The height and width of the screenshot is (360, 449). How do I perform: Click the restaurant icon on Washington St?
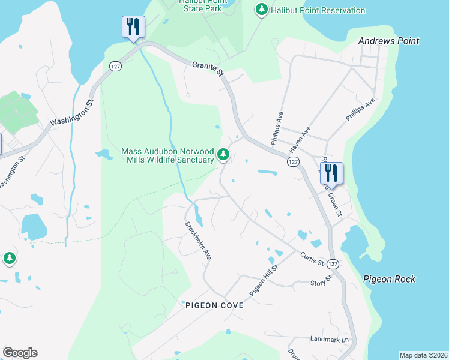[x=133, y=27]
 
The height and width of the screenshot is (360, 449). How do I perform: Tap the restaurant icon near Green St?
[x=331, y=173]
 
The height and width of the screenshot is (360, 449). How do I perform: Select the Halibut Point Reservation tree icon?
[x=261, y=10]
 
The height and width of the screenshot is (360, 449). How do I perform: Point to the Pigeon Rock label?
[x=389, y=279]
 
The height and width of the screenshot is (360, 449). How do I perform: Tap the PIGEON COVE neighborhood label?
[x=214, y=305]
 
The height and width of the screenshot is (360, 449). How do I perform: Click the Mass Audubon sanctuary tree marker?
[x=223, y=155]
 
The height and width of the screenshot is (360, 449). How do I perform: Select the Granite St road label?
[x=208, y=68]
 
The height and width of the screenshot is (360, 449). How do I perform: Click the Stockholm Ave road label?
[x=198, y=240]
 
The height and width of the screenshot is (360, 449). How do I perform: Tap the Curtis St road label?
[x=312, y=259]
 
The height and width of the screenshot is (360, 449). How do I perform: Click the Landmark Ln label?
[x=329, y=340]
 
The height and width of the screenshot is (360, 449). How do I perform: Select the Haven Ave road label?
[x=299, y=139]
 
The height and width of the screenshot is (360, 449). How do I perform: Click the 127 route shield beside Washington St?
[x=116, y=65]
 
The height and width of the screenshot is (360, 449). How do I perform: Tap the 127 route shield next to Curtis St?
[x=334, y=264]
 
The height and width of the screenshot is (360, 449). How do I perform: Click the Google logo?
[x=20, y=353]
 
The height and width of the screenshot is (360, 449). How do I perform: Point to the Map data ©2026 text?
[x=423, y=355]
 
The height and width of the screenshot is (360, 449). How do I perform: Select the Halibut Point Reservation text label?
[x=318, y=10]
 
